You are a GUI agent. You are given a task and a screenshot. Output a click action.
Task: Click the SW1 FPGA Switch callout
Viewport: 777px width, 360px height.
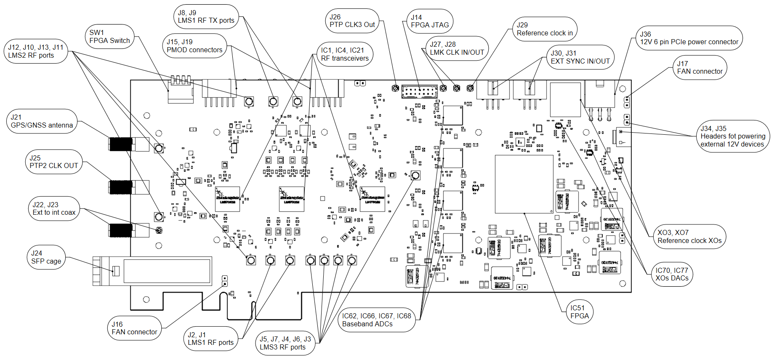click(109, 37)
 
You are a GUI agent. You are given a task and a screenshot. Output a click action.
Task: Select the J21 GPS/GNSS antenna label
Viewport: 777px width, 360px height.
click(42, 121)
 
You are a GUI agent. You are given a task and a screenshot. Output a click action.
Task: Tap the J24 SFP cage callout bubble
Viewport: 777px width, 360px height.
click(46, 257)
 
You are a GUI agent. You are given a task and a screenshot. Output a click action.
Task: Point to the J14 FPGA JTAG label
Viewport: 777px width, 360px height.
click(429, 21)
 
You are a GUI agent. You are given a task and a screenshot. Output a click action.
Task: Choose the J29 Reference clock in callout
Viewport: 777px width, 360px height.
click(544, 29)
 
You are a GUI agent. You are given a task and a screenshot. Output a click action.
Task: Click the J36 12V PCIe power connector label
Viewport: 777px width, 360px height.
click(689, 38)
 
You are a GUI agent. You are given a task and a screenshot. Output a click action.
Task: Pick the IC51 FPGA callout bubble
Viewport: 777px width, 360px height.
click(579, 312)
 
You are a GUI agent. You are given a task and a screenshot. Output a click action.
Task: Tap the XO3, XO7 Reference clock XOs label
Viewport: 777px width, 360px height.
click(689, 237)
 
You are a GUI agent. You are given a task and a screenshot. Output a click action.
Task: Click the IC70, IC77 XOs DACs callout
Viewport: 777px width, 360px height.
click(671, 274)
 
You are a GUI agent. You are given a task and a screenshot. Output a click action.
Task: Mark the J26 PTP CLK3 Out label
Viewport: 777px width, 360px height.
click(352, 21)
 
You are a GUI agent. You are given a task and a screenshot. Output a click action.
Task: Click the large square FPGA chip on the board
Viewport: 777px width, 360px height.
click(524, 184)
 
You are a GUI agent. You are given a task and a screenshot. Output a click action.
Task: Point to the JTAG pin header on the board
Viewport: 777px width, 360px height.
click(419, 91)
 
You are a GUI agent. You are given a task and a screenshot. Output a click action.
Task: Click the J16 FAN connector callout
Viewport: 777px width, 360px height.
click(134, 328)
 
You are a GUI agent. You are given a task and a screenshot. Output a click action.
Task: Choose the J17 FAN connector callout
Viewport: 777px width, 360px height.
click(699, 67)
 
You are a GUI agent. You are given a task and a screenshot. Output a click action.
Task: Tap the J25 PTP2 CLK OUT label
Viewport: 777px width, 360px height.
click(53, 162)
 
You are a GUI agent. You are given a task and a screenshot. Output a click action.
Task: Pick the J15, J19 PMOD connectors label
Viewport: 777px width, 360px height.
click(194, 46)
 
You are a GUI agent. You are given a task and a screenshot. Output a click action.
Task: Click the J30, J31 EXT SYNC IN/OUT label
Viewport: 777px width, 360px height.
click(580, 57)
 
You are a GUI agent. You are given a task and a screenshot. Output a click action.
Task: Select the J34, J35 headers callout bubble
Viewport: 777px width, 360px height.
click(732, 136)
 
